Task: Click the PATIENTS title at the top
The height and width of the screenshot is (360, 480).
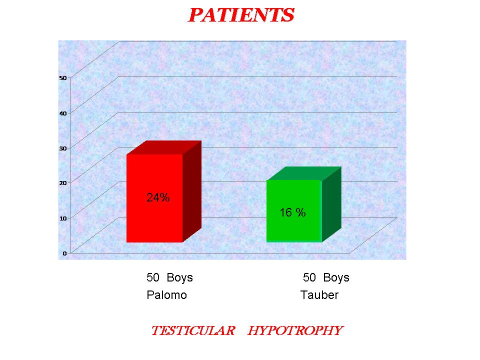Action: [241, 15]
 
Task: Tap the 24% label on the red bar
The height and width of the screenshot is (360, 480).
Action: [158, 197]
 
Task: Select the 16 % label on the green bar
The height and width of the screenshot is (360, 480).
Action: [292, 212]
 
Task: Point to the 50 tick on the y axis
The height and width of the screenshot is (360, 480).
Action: [63, 78]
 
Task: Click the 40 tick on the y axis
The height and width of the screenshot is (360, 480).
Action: [63, 113]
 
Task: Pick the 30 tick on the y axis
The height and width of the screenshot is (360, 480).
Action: [63, 148]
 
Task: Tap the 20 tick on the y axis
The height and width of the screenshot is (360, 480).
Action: [63, 183]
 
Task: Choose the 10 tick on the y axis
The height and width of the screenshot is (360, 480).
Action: [63, 218]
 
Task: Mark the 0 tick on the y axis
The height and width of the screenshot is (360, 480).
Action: [64, 253]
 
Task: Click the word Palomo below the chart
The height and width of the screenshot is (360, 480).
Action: [166, 295]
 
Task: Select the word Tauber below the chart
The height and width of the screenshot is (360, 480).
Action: [319, 295]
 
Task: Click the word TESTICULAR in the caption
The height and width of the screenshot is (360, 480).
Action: [193, 330]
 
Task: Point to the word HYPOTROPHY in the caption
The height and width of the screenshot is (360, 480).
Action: [295, 330]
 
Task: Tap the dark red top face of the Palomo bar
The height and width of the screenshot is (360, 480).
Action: [164, 147]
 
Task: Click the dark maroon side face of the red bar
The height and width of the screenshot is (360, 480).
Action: [192, 191]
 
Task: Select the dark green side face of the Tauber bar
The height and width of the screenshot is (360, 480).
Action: [331, 204]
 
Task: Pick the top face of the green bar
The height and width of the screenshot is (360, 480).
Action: [304, 173]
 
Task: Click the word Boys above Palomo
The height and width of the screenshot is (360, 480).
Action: [179, 277]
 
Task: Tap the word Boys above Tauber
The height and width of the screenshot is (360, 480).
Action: [336, 277]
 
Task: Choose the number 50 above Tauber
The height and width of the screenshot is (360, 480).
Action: [309, 277]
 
